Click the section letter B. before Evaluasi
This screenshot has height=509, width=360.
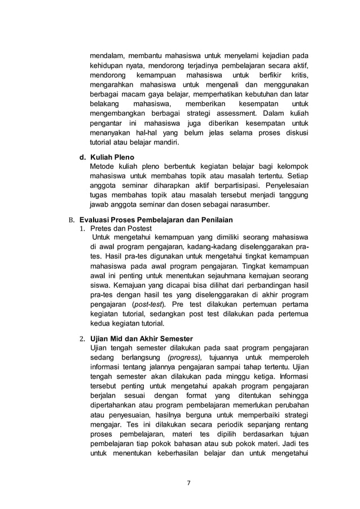point(72,220)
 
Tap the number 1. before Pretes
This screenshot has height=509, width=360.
point(82,229)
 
